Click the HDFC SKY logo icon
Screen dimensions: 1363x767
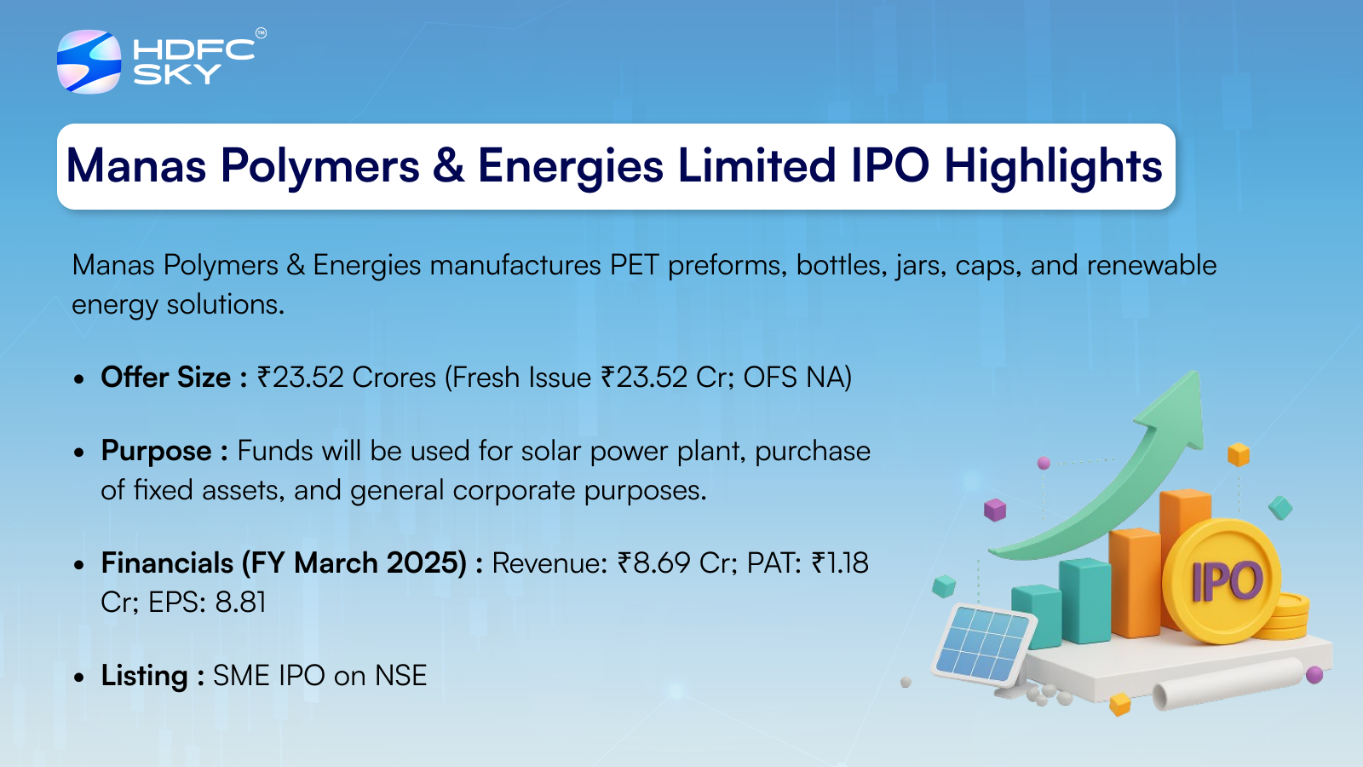click(x=89, y=61)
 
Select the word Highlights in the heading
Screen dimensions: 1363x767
click(x=1053, y=167)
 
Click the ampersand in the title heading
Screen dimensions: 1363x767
click(x=448, y=165)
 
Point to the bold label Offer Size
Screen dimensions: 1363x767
click(x=165, y=378)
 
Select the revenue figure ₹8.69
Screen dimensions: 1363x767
click(x=653, y=563)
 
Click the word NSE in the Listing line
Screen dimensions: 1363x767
click(x=401, y=676)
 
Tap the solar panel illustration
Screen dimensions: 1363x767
click(x=983, y=645)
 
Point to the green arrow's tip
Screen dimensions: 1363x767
click(x=1199, y=372)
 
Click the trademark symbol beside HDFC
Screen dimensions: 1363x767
click(x=261, y=33)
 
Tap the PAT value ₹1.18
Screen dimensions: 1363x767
click(x=840, y=563)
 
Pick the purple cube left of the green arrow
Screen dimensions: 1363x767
click(x=995, y=510)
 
